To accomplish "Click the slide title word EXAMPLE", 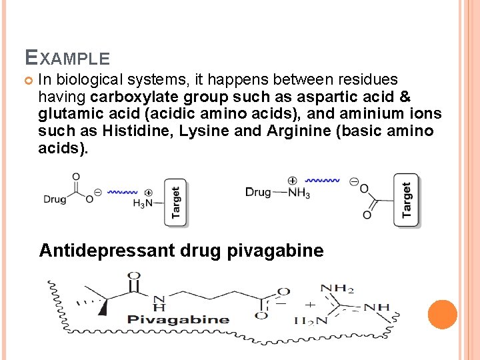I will click(67, 58).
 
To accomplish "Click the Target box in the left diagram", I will click(176, 202).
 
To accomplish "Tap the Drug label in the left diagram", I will click(55, 199).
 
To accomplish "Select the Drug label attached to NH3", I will click(258, 192).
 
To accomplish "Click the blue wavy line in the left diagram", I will click(122, 191).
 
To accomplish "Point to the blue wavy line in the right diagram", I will click(323, 180).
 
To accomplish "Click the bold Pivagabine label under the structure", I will click(178, 319).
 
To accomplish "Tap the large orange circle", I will click(442, 315).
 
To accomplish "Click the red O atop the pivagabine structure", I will click(134, 275).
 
